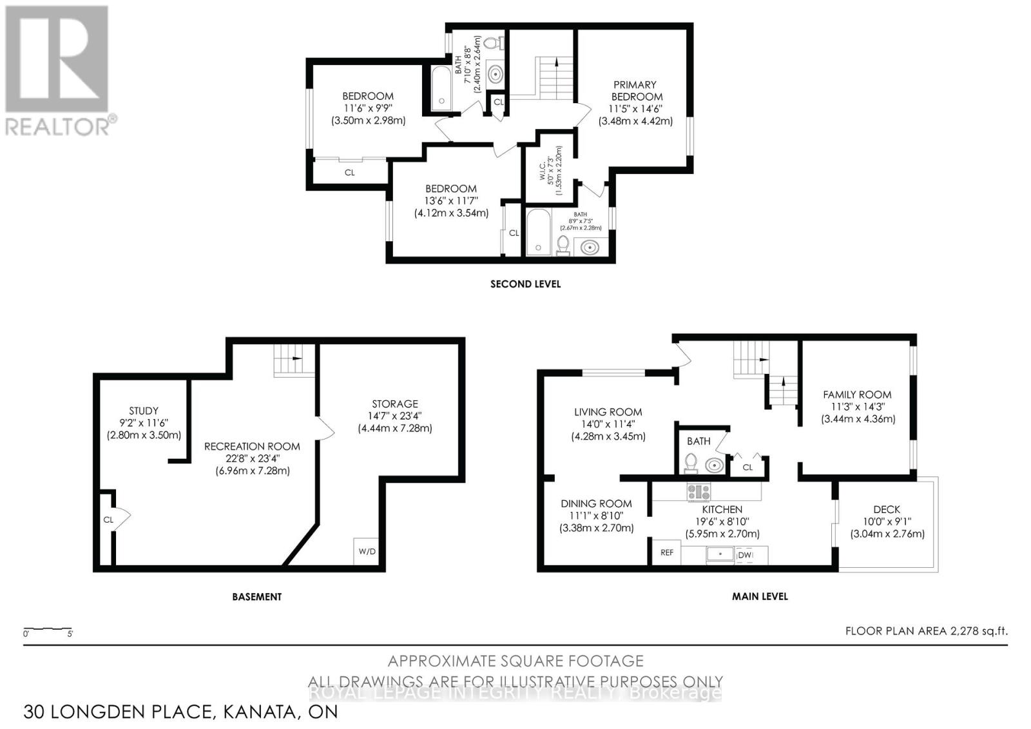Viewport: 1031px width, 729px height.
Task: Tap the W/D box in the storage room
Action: click(367, 551)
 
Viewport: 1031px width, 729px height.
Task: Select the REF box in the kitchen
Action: click(667, 552)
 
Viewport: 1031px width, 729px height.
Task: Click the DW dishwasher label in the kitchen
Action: click(744, 555)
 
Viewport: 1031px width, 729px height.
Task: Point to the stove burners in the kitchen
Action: click(699, 492)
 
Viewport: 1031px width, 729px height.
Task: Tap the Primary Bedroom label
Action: click(635, 90)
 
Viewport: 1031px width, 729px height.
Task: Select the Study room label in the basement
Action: click(144, 411)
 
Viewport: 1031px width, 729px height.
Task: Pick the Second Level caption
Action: click(525, 284)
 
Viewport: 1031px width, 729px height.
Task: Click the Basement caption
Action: click(256, 597)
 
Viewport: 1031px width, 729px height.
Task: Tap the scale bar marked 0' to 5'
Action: click(48, 630)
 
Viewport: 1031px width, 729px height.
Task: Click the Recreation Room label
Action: click(252, 446)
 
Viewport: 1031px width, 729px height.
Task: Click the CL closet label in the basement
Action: click(108, 520)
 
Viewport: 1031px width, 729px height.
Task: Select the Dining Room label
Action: click(596, 503)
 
